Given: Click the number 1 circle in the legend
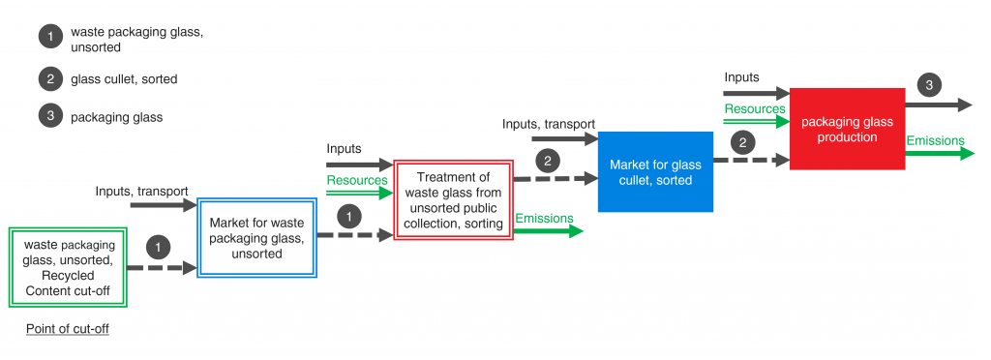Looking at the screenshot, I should pyautogui.click(x=49, y=38).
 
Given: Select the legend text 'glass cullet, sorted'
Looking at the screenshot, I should pyautogui.click(x=124, y=78).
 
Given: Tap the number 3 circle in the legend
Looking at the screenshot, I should pyautogui.click(x=49, y=117).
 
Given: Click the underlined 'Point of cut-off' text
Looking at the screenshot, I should pyautogui.click(x=67, y=329).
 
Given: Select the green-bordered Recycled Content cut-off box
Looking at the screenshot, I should pyautogui.click(x=67, y=267).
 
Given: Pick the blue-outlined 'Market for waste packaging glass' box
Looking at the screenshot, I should pyautogui.click(x=256, y=239).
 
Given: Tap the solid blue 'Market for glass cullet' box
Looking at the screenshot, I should pyautogui.click(x=656, y=171).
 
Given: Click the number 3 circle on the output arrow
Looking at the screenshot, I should pyautogui.click(x=928, y=86).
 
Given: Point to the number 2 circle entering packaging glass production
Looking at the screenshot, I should pyautogui.click(x=742, y=143).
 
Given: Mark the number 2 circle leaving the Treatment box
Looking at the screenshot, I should pyautogui.click(x=547, y=160).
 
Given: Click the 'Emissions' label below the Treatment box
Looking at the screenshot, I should pyautogui.click(x=544, y=219).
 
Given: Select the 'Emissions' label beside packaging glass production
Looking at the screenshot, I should pyautogui.click(x=935, y=140).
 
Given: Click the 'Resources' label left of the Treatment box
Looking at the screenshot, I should pyautogui.click(x=357, y=180).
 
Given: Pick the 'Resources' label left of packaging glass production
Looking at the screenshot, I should pyautogui.click(x=755, y=109).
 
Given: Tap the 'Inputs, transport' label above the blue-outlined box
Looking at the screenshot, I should pyautogui.click(x=141, y=191).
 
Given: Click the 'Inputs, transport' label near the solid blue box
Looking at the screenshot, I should pyautogui.click(x=549, y=124).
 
